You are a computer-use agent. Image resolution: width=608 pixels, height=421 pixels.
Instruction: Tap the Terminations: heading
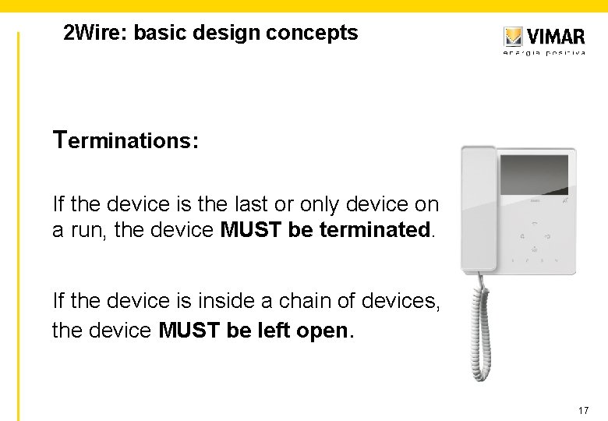[125, 141]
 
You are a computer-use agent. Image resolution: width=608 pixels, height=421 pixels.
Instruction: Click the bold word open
[324, 331]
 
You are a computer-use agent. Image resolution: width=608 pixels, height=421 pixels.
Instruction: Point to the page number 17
[584, 410]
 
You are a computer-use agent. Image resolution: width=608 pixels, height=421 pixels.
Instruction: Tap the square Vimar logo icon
[513, 37]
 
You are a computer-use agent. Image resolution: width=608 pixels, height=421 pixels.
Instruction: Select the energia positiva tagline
[544, 53]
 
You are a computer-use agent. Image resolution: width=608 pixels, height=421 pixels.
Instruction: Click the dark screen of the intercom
[534, 175]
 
